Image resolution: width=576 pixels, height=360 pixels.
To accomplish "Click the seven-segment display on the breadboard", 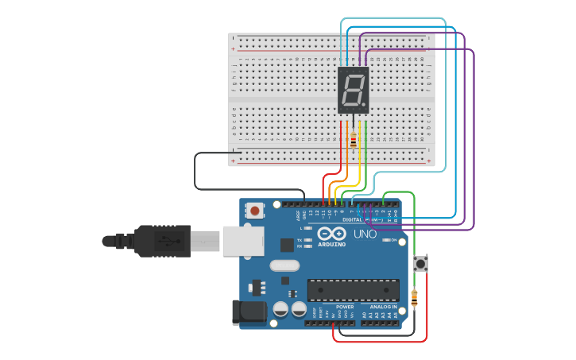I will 353,90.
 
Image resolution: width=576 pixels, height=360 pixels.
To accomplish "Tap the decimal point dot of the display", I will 364,104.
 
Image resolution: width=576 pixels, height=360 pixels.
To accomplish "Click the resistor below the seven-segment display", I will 353,141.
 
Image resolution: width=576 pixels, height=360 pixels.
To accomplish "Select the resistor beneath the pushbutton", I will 414,298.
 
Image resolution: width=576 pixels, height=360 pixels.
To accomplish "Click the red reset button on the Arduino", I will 255,211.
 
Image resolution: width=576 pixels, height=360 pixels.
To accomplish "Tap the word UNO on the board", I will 365,234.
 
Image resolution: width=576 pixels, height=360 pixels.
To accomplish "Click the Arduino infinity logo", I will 332,233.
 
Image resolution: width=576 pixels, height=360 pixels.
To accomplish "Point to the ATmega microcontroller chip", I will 353,290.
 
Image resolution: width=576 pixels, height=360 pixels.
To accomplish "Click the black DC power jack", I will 247,312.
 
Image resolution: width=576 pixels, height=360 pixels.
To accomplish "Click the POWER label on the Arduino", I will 345,307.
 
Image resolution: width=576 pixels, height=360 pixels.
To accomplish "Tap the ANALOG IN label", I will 382,307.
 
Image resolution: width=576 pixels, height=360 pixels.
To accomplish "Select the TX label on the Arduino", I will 299,239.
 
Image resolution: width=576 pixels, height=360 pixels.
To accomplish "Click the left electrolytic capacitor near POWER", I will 280,309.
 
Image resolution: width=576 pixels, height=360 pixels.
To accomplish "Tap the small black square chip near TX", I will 287,246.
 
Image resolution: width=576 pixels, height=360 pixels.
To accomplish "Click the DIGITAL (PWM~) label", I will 362,219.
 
